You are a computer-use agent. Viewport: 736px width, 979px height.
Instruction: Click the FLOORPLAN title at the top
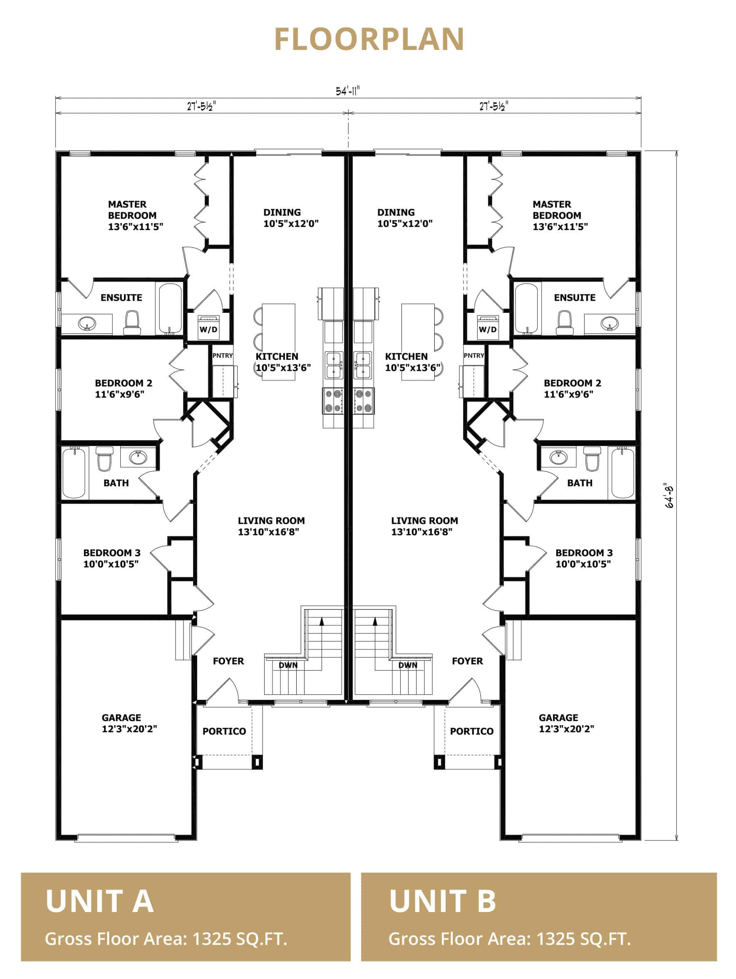coord(369,40)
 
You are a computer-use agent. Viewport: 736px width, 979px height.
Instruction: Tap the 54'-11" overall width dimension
coord(347,91)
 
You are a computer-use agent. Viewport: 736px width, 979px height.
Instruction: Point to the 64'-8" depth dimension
coord(669,496)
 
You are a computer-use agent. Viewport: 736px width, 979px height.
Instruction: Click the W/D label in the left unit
coord(208,329)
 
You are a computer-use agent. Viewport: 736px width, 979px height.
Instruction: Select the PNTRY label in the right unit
coord(473,355)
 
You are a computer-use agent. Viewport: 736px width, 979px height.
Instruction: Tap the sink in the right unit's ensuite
coord(610,324)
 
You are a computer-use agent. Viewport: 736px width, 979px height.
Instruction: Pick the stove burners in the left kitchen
coord(333,401)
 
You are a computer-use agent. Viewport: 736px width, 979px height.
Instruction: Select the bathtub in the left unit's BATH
coord(74,473)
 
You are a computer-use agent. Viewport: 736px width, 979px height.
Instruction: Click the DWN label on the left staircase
coord(287,665)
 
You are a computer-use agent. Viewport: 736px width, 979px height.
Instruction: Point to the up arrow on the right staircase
coord(375,621)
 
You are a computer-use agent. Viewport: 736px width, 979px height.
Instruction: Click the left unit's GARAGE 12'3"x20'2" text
coord(129,723)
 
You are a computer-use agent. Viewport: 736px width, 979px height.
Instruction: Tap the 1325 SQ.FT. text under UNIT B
coord(583,939)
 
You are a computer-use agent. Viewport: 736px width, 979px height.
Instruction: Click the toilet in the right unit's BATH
coord(591,459)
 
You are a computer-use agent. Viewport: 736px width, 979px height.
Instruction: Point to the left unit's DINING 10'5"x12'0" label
coord(291,218)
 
